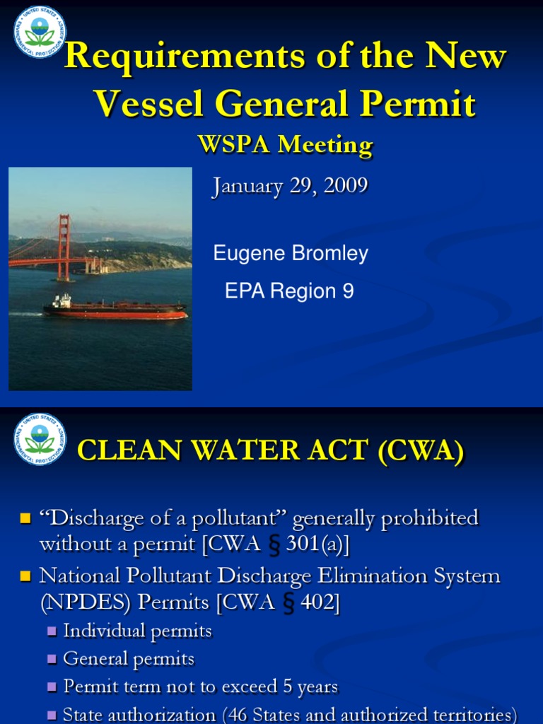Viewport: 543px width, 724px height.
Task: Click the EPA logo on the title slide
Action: [40, 32]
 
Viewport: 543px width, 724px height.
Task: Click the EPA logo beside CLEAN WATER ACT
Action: [40, 439]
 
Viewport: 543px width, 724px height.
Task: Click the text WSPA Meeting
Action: [285, 145]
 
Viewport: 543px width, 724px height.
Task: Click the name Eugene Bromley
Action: [291, 254]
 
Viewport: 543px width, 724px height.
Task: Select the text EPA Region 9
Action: [289, 291]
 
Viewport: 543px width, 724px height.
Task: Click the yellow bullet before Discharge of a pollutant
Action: [26, 519]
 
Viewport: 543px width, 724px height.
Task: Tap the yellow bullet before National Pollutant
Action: [26, 577]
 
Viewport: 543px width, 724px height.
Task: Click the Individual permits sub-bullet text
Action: [137, 631]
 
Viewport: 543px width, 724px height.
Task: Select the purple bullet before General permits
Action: [52, 660]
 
